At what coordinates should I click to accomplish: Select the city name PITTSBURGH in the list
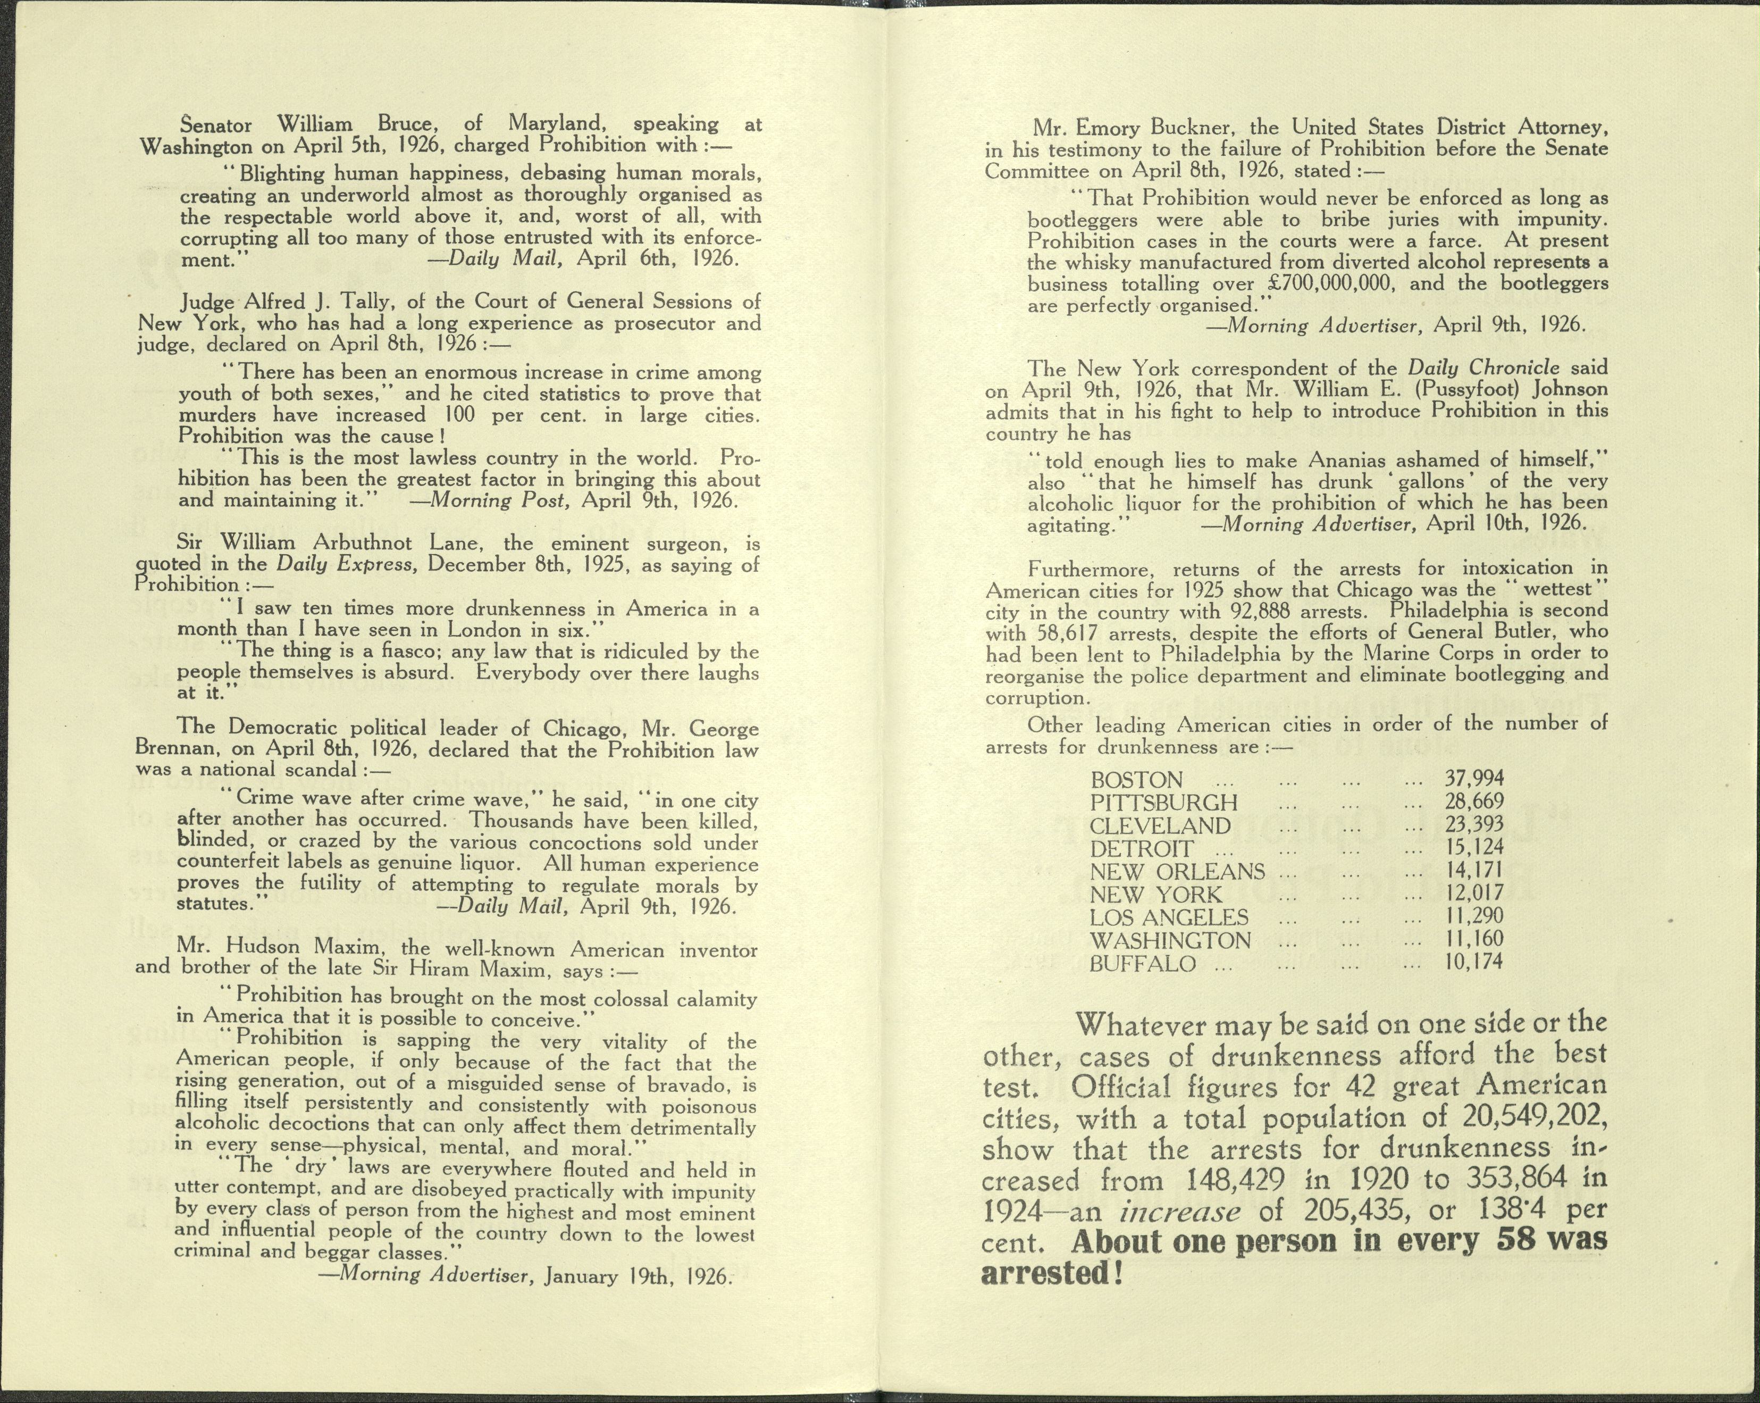[x=1163, y=802]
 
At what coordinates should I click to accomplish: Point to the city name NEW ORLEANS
[x=1177, y=871]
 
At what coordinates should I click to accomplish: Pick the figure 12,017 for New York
[x=1473, y=893]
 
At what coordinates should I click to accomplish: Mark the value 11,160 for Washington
[x=1473, y=939]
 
